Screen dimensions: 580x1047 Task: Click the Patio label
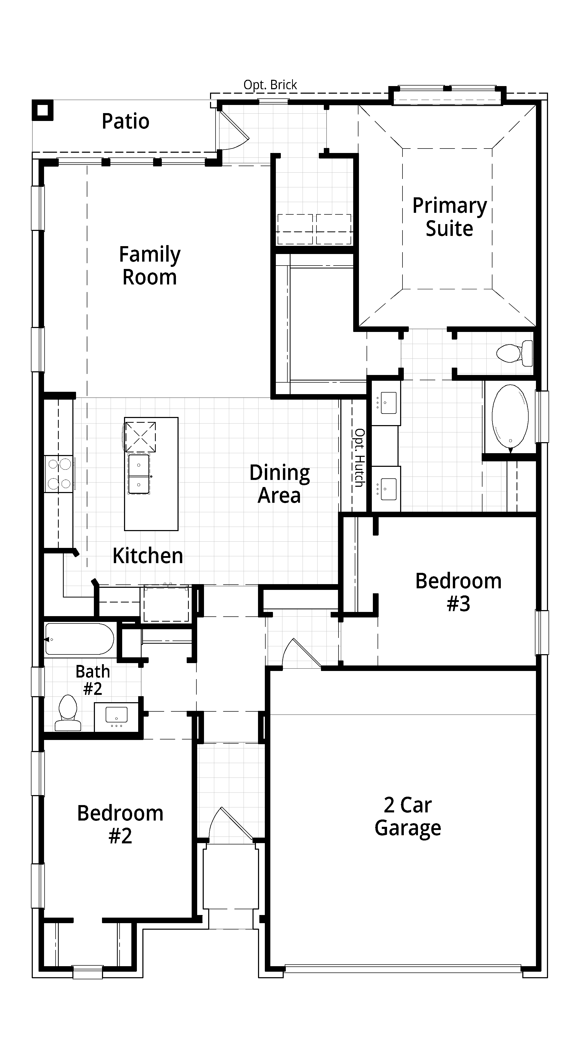click(x=126, y=121)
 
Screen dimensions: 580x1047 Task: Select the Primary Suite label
click(x=450, y=217)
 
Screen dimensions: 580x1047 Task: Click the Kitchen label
click(x=148, y=556)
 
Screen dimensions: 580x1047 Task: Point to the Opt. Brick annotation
click(x=270, y=85)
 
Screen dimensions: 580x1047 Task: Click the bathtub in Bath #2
click(x=80, y=639)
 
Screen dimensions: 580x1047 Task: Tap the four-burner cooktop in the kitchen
click(x=59, y=474)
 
